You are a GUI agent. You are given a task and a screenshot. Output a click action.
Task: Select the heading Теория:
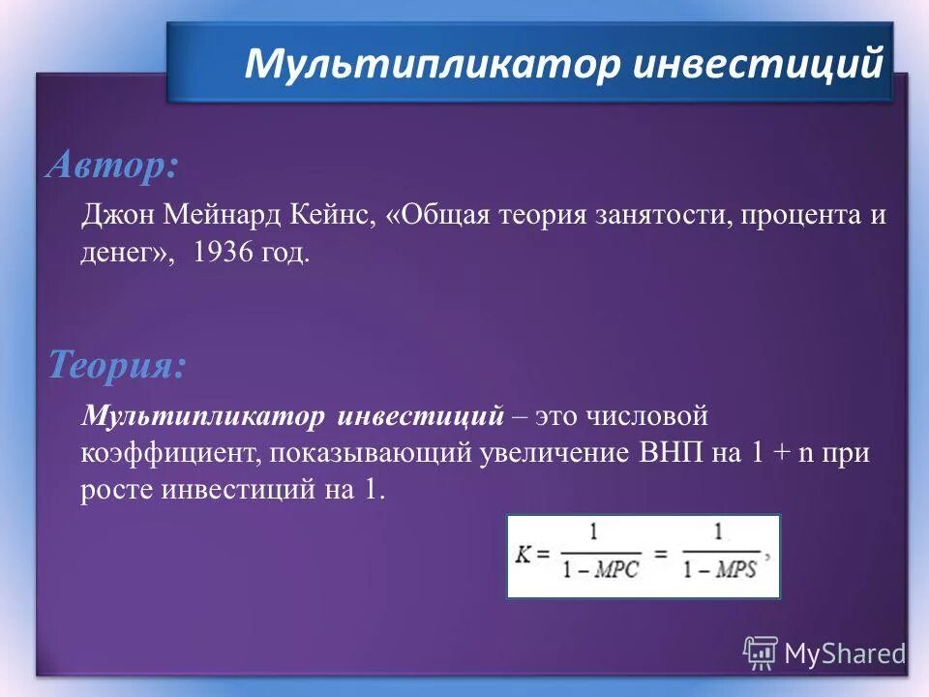[116, 366]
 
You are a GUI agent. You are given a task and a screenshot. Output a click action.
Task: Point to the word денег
[124, 255]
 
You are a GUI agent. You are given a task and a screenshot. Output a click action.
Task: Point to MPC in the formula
[615, 569]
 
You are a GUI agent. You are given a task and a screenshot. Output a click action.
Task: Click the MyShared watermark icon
[760, 652]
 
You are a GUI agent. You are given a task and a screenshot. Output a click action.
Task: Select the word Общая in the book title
[443, 214]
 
